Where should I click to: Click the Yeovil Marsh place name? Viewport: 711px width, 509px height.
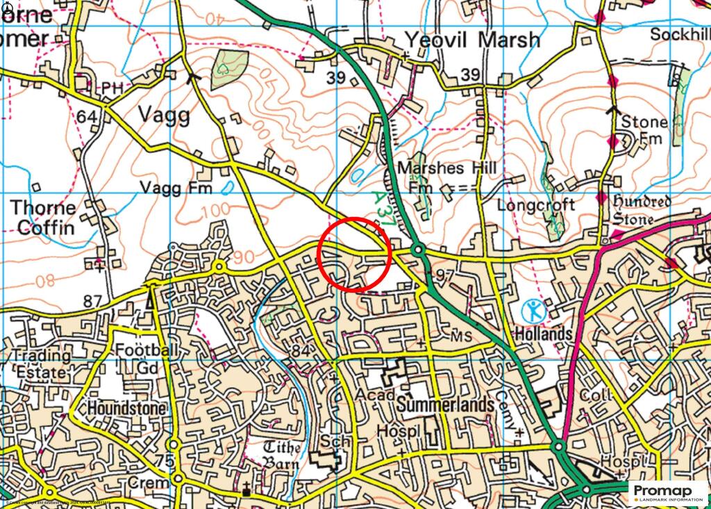472,40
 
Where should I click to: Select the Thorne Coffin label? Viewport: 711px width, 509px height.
43,217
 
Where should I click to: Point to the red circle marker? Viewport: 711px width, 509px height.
355,255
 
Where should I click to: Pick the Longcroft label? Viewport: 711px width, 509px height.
536,205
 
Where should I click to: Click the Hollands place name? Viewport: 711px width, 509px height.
544,334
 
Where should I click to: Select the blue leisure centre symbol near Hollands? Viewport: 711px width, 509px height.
533,310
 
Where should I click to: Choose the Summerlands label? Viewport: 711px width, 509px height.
446,405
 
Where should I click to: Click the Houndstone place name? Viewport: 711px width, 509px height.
127,408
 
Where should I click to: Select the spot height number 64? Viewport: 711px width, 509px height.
87,117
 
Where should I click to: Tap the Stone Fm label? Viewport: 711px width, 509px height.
644,130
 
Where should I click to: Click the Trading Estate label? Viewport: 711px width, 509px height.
42,364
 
